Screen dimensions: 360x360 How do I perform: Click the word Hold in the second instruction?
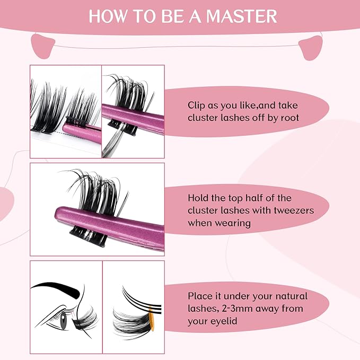tap(199, 198)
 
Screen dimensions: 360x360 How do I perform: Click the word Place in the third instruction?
tap(201, 296)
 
